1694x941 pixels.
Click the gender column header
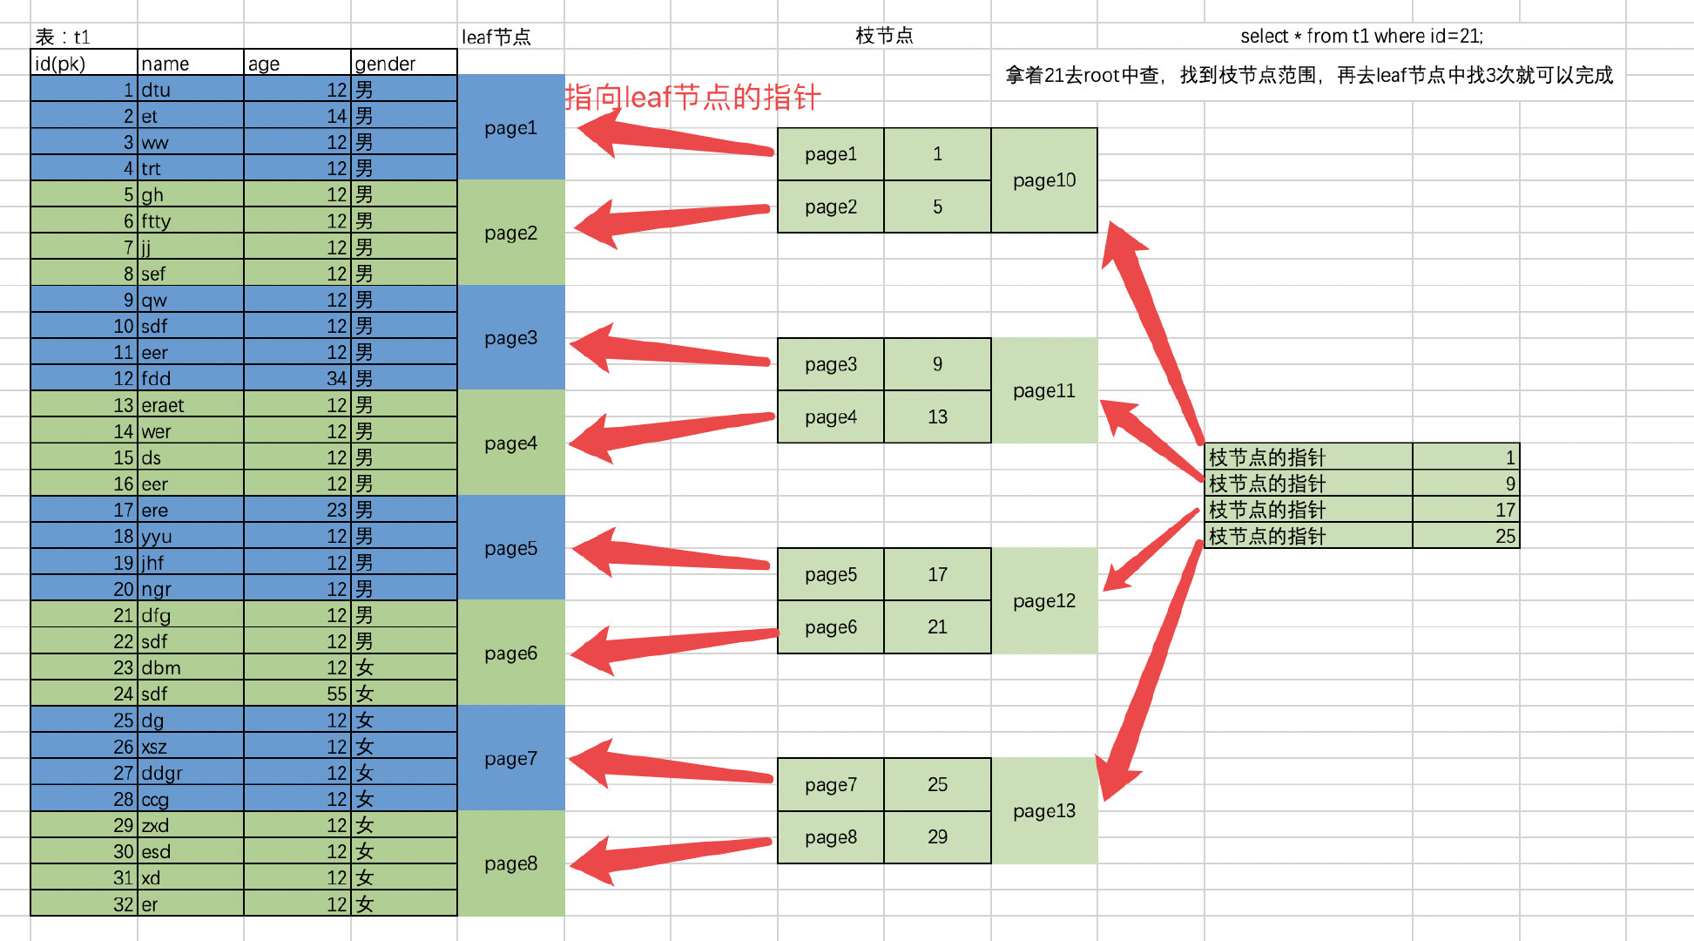pos(403,64)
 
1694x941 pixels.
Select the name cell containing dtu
pos(190,90)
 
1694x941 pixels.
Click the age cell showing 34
pos(297,379)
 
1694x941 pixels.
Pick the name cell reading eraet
pos(190,405)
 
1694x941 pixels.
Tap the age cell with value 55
pos(297,694)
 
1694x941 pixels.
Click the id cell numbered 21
pos(84,615)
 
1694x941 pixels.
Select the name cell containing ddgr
pos(190,773)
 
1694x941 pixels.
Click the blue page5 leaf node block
pos(511,548)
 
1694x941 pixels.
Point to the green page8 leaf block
pos(511,863)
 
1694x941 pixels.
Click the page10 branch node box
pos(1044,180)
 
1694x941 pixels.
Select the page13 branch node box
pos(1044,811)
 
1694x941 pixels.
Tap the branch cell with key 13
pos(937,417)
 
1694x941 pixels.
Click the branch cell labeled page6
pos(831,627)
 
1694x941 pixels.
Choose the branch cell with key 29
pos(937,837)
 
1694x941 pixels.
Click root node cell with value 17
pos(1465,510)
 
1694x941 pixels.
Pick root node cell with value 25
pos(1465,536)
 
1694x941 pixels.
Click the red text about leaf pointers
pos(692,97)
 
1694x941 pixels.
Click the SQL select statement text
pos(1361,36)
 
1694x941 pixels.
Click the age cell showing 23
pos(297,510)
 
